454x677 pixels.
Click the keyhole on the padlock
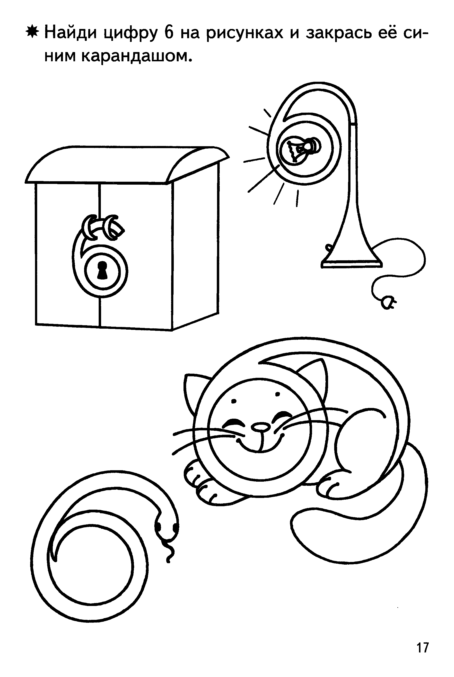pyautogui.click(x=102, y=270)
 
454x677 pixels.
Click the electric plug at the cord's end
pyautogui.click(x=387, y=303)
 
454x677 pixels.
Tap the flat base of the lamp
pyautogui.click(x=351, y=264)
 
